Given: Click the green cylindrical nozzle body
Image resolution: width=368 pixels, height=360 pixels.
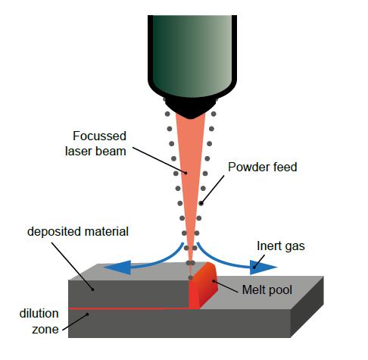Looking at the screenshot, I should click(189, 45).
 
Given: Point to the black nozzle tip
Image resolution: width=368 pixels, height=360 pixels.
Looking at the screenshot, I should click(189, 102).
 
